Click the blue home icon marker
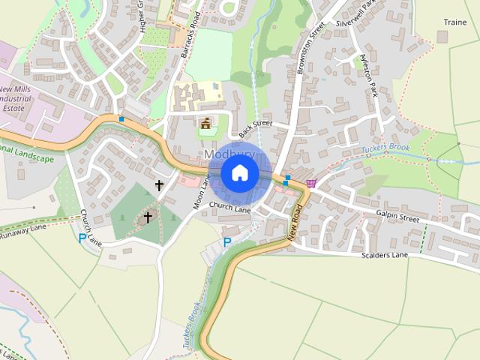click(239, 172)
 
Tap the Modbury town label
click(229, 154)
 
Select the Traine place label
click(455, 22)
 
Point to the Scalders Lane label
click(384, 256)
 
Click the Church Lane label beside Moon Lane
click(229, 207)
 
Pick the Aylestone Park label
click(368, 73)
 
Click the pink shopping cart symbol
click(310, 184)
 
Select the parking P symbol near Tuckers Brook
click(226, 242)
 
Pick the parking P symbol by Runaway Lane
click(82, 238)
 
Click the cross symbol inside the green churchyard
click(148, 217)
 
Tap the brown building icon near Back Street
click(205, 122)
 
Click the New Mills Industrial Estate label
click(22, 94)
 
